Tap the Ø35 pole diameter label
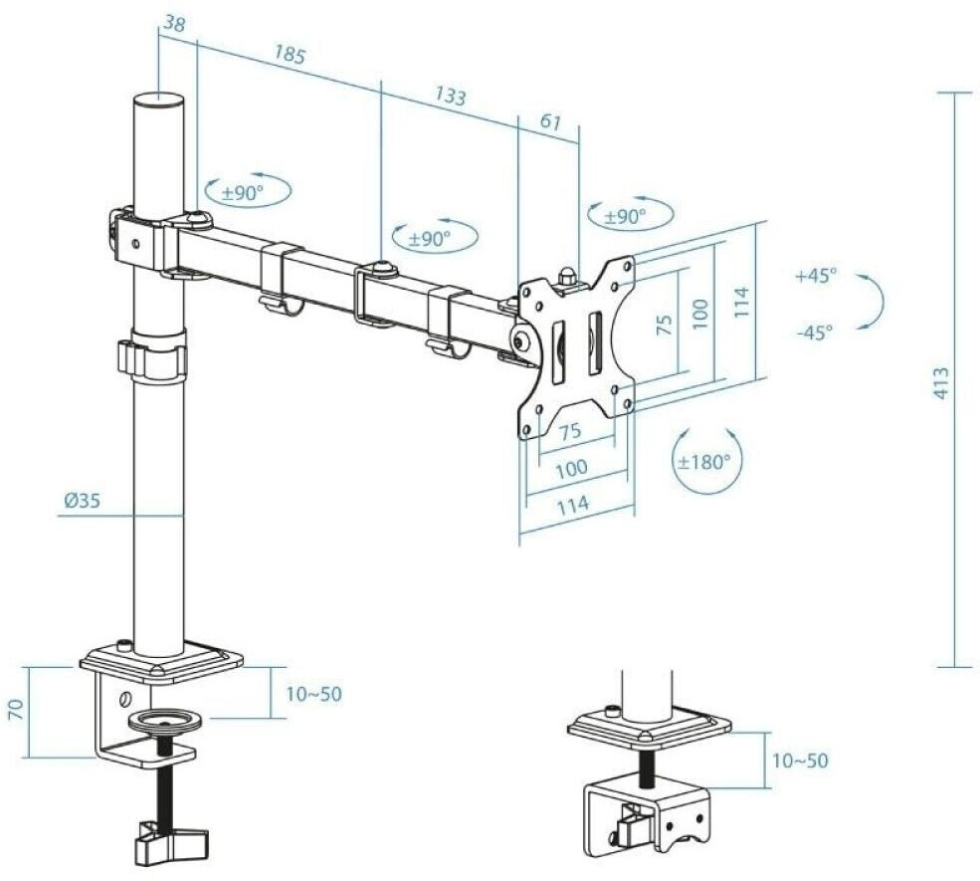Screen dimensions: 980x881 [x=82, y=503]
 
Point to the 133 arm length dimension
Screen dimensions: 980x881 [x=450, y=97]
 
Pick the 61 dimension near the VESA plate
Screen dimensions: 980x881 [x=549, y=123]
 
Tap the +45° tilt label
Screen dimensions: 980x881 [x=817, y=277]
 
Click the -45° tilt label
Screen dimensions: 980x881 [x=814, y=332]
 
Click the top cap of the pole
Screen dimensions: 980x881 [x=159, y=102]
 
